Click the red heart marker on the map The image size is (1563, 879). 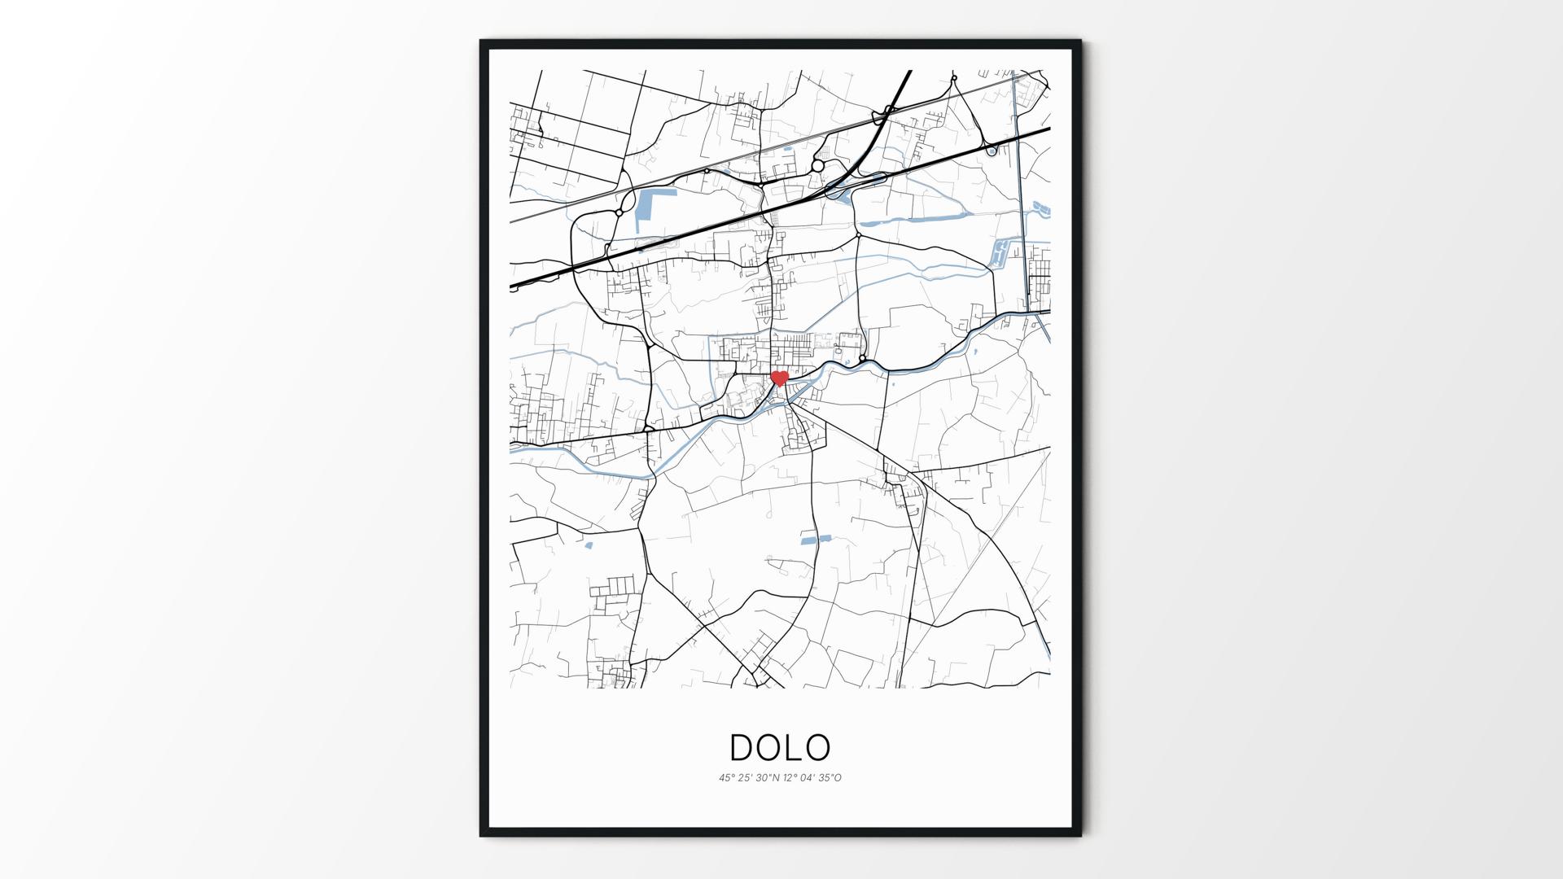tap(780, 378)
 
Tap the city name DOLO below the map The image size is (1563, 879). tap(780, 747)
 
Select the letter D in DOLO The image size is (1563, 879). tap(742, 747)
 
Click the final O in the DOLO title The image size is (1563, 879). tap(819, 747)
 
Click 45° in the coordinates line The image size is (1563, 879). tap(726, 778)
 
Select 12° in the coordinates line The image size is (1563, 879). tap(790, 778)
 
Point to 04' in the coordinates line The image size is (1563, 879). tap(808, 778)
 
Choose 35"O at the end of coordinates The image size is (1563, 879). tap(830, 778)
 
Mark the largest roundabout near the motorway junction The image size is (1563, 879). tap(817, 166)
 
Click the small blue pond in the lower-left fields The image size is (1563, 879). tap(589, 545)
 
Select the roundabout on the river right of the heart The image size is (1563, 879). tap(862, 358)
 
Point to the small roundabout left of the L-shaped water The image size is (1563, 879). tap(620, 212)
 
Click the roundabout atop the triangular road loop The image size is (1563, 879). tap(954, 79)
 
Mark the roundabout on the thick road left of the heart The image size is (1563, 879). tap(649, 428)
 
